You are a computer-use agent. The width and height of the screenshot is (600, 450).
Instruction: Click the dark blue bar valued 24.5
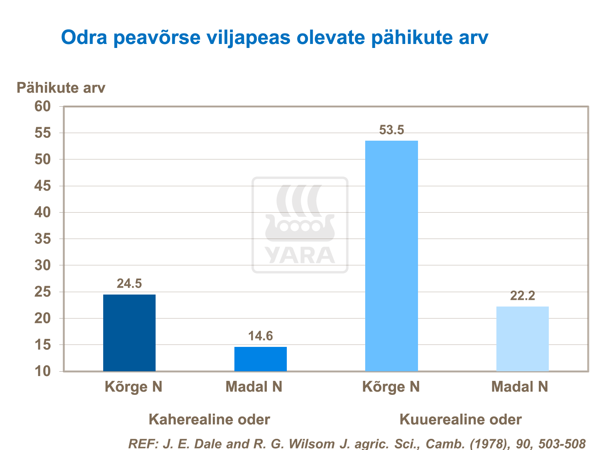[129, 333]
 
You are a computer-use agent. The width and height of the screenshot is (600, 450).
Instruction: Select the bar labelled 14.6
[260, 359]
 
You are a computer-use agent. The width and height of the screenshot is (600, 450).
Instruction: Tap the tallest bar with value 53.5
[392, 256]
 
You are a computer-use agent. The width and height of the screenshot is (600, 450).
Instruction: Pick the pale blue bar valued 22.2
[522, 339]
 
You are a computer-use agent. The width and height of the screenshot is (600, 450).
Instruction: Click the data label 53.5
[392, 130]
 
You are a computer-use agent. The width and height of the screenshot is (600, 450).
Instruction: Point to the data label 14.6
[260, 336]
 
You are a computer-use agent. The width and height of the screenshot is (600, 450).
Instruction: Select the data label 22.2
[522, 296]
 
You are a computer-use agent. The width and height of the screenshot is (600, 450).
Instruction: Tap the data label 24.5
[129, 283]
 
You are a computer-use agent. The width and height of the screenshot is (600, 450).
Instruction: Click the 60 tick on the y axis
[43, 106]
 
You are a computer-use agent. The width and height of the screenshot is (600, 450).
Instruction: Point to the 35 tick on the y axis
[43, 239]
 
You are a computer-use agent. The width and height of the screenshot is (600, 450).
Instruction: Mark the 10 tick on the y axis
[43, 371]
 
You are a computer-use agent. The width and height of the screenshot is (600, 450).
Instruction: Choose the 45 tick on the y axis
[43, 186]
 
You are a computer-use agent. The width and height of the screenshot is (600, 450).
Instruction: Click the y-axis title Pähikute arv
[61, 88]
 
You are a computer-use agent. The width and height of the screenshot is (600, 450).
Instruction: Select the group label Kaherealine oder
[209, 420]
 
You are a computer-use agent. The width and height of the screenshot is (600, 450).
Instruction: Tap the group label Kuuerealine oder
[460, 420]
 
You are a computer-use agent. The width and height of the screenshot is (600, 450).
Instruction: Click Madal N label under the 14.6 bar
[254, 387]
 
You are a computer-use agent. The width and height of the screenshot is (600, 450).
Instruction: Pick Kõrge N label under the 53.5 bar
[391, 387]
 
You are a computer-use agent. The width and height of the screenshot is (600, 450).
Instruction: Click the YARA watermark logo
[300, 225]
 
